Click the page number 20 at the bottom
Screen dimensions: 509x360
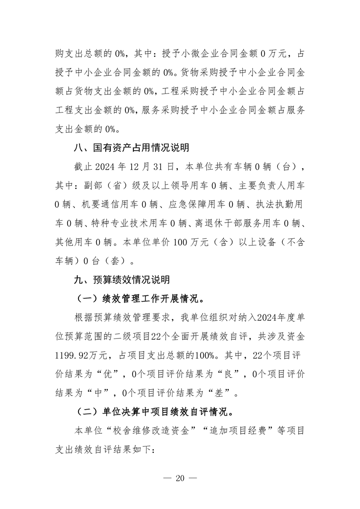pyautogui.click(x=180, y=479)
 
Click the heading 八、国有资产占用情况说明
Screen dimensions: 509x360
pyautogui.click(x=132, y=148)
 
